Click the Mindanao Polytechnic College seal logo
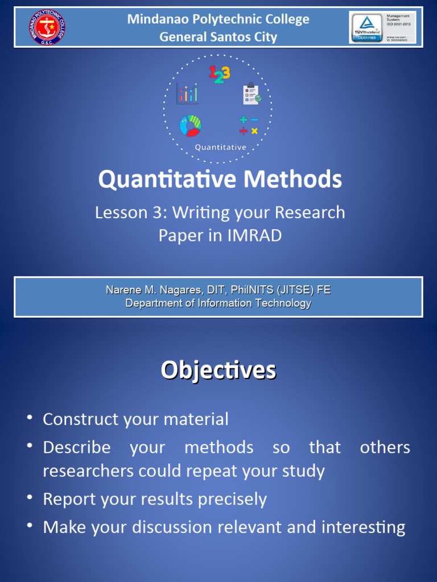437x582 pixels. click(x=46, y=27)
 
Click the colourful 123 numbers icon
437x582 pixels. click(x=219, y=74)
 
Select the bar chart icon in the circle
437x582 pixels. click(x=187, y=93)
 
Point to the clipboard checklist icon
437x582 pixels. click(x=252, y=93)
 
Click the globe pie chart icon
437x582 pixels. click(x=190, y=126)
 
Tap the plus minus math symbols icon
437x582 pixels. click(x=249, y=126)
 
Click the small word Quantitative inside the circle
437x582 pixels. click(x=220, y=147)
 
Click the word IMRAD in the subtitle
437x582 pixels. click(x=254, y=235)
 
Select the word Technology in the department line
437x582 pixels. click(x=283, y=303)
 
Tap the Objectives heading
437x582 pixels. click(x=218, y=370)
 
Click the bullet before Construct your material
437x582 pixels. click(x=29, y=419)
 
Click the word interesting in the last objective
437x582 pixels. click(x=363, y=527)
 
